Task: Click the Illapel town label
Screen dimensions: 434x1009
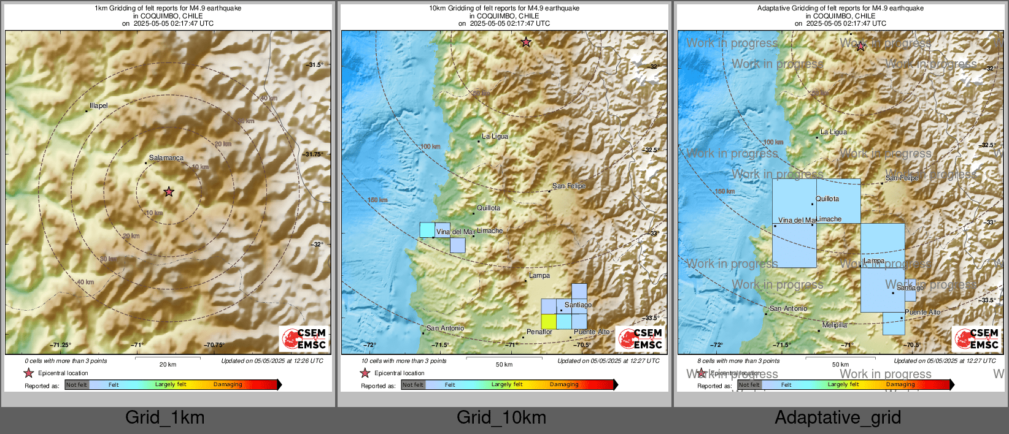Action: pyautogui.click(x=98, y=106)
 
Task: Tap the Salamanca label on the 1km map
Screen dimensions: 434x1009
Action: pyautogui.click(x=166, y=158)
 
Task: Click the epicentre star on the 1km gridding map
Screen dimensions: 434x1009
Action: pyautogui.click(x=169, y=192)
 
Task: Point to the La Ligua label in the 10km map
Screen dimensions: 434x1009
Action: pyautogui.click(x=495, y=137)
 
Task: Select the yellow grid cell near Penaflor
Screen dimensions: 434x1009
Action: pyautogui.click(x=549, y=321)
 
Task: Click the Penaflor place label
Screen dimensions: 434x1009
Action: pyautogui.click(x=539, y=332)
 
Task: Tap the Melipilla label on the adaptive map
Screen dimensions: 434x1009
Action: pyautogui.click(x=835, y=325)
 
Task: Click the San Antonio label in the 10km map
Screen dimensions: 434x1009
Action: pyautogui.click(x=445, y=329)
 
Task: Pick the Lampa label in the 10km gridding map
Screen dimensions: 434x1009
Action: pyautogui.click(x=539, y=276)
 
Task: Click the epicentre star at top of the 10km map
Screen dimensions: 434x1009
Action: pyautogui.click(x=526, y=42)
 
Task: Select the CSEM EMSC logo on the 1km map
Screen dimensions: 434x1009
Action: pyautogui.click(x=304, y=338)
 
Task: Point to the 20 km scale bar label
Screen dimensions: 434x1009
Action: pyautogui.click(x=168, y=365)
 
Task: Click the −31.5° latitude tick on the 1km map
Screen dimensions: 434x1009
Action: pyautogui.click(x=315, y=65)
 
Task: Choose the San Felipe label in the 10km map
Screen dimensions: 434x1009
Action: pyautogui.click(x=569, y=186)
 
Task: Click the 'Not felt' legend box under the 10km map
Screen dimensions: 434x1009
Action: pyautogui.click(x=413, y=385)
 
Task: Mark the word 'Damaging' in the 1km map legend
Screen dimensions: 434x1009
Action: pyautogui.click(x=228, y=385)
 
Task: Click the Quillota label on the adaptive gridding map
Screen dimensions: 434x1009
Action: pyautogui.click(x=827, y=199)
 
